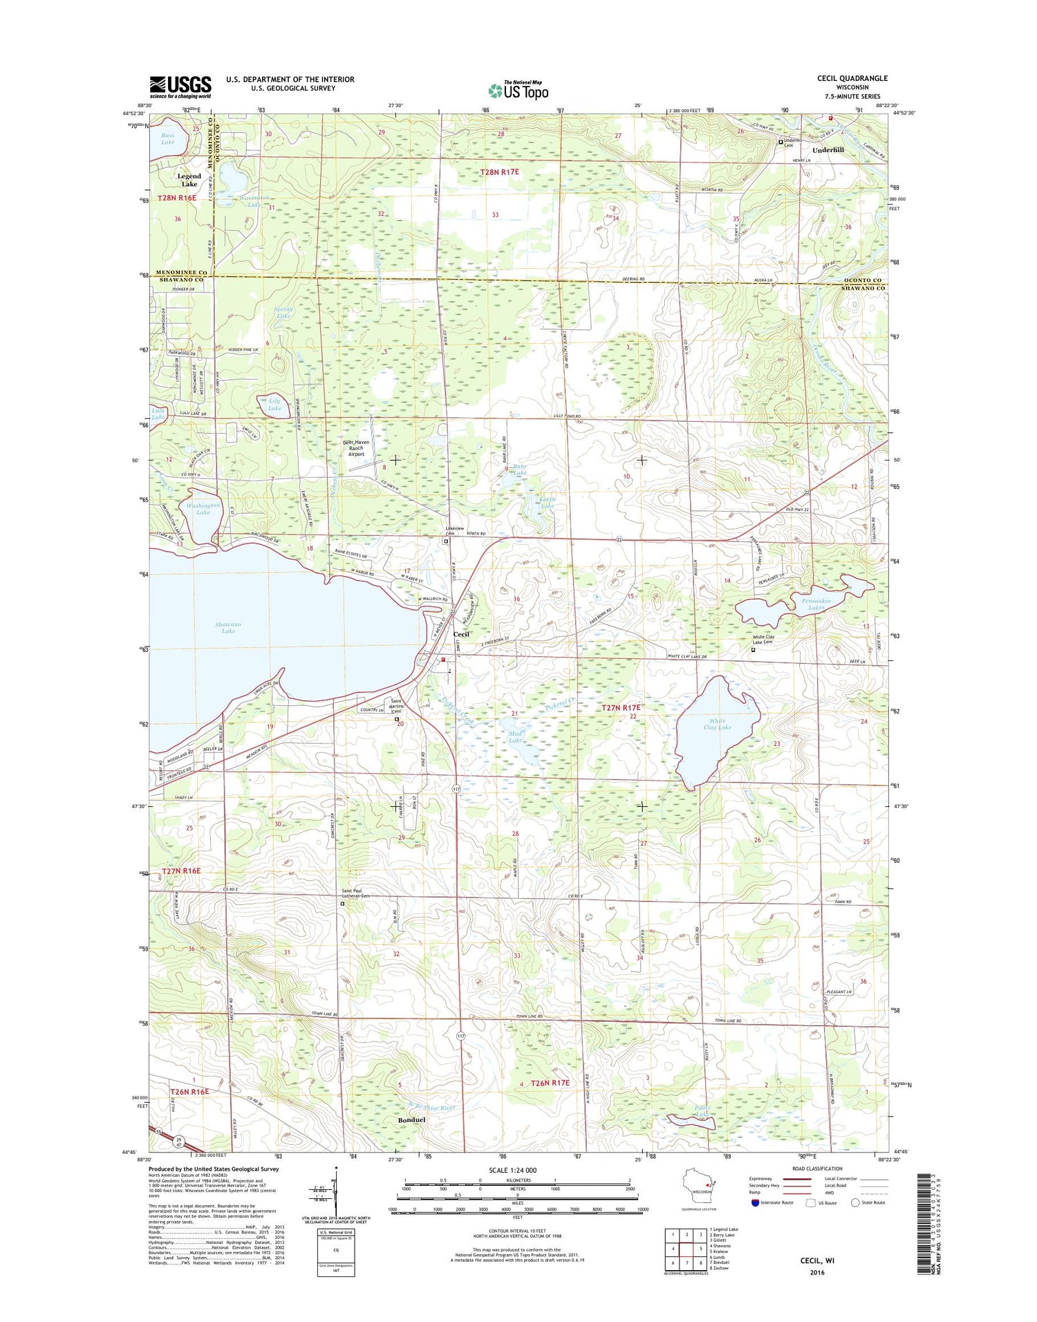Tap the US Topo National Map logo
(x=518, y=89)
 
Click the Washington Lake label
(x=203, y=509)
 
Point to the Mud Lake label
(x=515, y=737)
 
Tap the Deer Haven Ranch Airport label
(x=356, y=448)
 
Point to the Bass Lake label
(x=168, y=138)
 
